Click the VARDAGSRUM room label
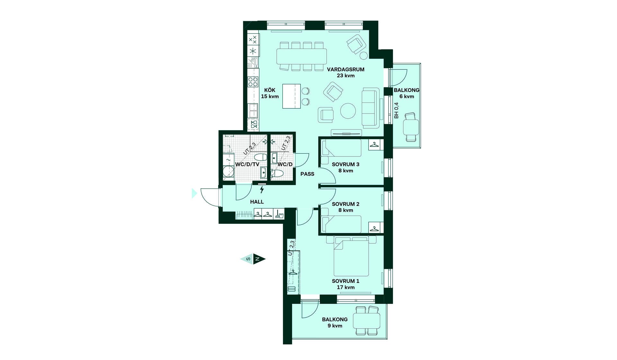[345, 69]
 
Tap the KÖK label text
[270, 90]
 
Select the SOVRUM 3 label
[345, 165]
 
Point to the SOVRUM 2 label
[345, 204]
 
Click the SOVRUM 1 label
[345, 281]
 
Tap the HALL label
[257, 202]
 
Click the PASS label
[307, 174]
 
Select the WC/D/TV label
[247, 165]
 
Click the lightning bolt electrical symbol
[262, 189]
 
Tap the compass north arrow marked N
[259, 259]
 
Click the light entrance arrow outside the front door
[194, 193]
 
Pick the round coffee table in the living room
[348, 111]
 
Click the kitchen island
[291, 96]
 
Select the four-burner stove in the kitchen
[253, 82]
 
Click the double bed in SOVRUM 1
[351, 256]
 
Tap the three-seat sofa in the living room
[370, 108]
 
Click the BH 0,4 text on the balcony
[396, 111]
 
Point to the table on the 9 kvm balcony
[367, 320]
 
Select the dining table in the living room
[302, 56]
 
